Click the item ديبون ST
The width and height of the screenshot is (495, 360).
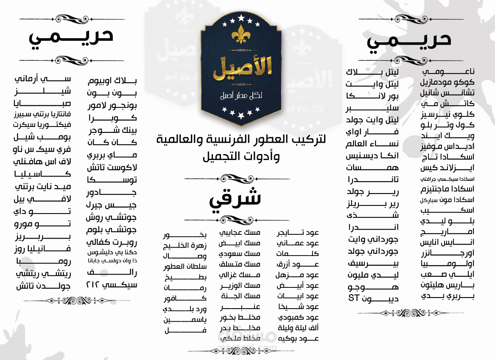click(x=373, y=298)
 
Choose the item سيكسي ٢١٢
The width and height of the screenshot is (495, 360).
click(x=112, y=284)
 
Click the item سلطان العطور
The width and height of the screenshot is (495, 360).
click(x=185, y=267)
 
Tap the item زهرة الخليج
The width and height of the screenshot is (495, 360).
click(x=185, y=246)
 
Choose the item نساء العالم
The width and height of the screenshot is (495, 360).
click(x=372, y=144)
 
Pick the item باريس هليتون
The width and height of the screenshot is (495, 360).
click(x=447, y=285)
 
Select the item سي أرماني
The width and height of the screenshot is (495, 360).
click(x=43, y=79)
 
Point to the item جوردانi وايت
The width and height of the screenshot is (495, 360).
click(x=372, y=240)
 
